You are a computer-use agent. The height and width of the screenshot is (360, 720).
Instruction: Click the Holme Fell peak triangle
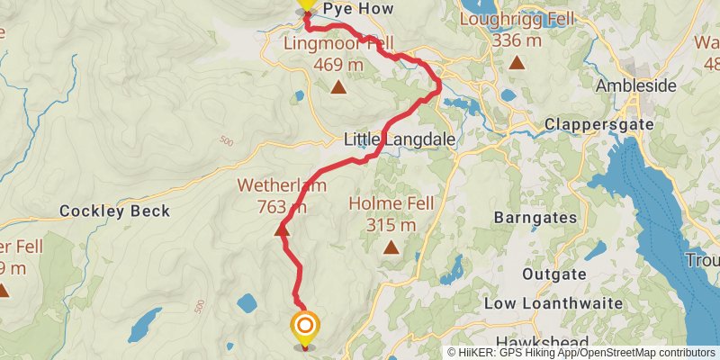tap(391, 247)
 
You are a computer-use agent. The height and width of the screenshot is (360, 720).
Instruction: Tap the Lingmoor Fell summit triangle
tap(337, 87)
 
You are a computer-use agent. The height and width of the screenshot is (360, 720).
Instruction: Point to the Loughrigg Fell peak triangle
tap(517, 62)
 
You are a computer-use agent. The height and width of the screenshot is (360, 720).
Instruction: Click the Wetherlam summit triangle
tap(282, 229)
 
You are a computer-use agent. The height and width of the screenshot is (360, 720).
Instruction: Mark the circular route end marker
tap(305, 327)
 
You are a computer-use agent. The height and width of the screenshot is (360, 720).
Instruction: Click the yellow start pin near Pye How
tap(306, 4)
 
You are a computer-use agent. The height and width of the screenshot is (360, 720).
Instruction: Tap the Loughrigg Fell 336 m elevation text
tap(517, 40)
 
